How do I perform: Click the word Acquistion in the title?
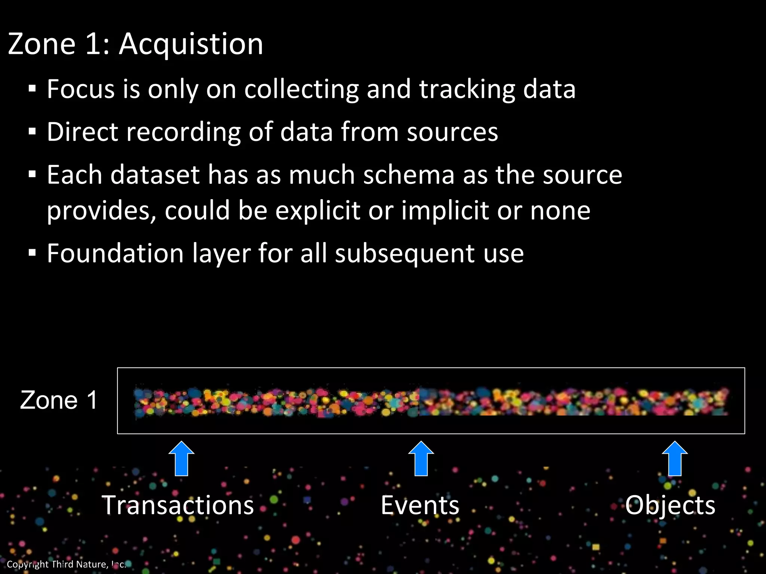coord(191,44)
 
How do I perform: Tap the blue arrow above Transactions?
coord(181,459)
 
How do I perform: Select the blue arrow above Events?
coord(421,459)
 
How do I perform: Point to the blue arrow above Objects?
coord(675,459)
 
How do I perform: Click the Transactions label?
coord(178,505)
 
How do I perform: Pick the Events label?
coord(420,505)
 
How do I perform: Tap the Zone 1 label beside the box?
coord(59,400)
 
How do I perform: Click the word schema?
coord(409,175)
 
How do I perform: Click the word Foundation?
coord(115,254)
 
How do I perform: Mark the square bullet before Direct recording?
coord(32,132)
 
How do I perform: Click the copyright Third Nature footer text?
coord(66,564)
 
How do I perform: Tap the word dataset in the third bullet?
coord(155,175)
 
